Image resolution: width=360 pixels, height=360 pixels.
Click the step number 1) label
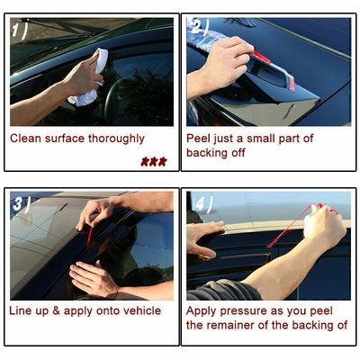[20, 31]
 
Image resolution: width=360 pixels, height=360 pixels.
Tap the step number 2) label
[200, 28]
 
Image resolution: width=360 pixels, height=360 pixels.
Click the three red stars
[153, 161]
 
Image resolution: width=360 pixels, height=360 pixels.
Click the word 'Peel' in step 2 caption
[200, 139]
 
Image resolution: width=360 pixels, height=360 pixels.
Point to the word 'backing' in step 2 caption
[209, 154]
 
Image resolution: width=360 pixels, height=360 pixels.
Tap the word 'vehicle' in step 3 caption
[139, 310]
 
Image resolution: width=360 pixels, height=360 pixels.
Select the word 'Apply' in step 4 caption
[202, 310]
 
